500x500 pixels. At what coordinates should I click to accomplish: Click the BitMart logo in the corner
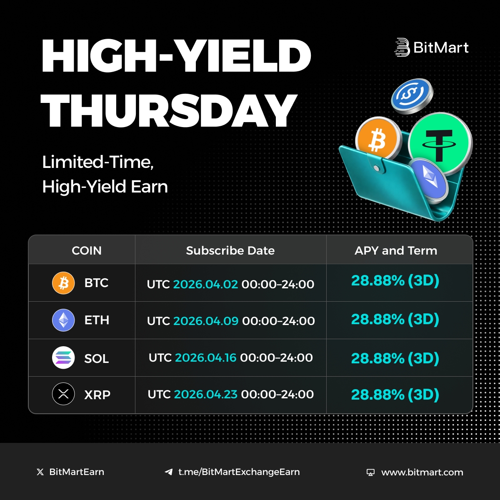[431, 47]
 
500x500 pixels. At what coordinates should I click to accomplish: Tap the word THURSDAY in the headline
[169, 110]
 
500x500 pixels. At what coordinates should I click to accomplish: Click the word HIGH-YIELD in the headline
[176, 56]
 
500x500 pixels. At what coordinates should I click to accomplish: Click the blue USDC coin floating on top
[412, 95]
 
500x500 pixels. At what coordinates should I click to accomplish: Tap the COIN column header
[87, 250]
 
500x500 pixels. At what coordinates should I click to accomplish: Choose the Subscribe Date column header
[230, 250]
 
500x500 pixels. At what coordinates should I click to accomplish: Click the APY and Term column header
[396, 250]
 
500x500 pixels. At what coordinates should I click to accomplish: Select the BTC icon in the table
[63, 283]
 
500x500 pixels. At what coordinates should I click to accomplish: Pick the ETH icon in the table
[63, 320]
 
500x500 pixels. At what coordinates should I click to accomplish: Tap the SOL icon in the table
[63, 358]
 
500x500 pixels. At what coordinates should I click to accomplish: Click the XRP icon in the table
[63, 394]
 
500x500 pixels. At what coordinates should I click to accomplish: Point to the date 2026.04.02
[205, 284]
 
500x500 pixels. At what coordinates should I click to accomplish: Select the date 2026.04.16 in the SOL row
[205, 357]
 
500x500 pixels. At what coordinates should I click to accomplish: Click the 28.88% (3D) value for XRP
[395, 394]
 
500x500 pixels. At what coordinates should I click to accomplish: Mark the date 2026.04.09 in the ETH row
[206, 321]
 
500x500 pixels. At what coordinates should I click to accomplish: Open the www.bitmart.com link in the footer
[422, 472]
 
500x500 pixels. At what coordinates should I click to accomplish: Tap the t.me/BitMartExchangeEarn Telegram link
[239, 472]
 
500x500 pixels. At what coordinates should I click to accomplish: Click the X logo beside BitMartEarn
[40, 472]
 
